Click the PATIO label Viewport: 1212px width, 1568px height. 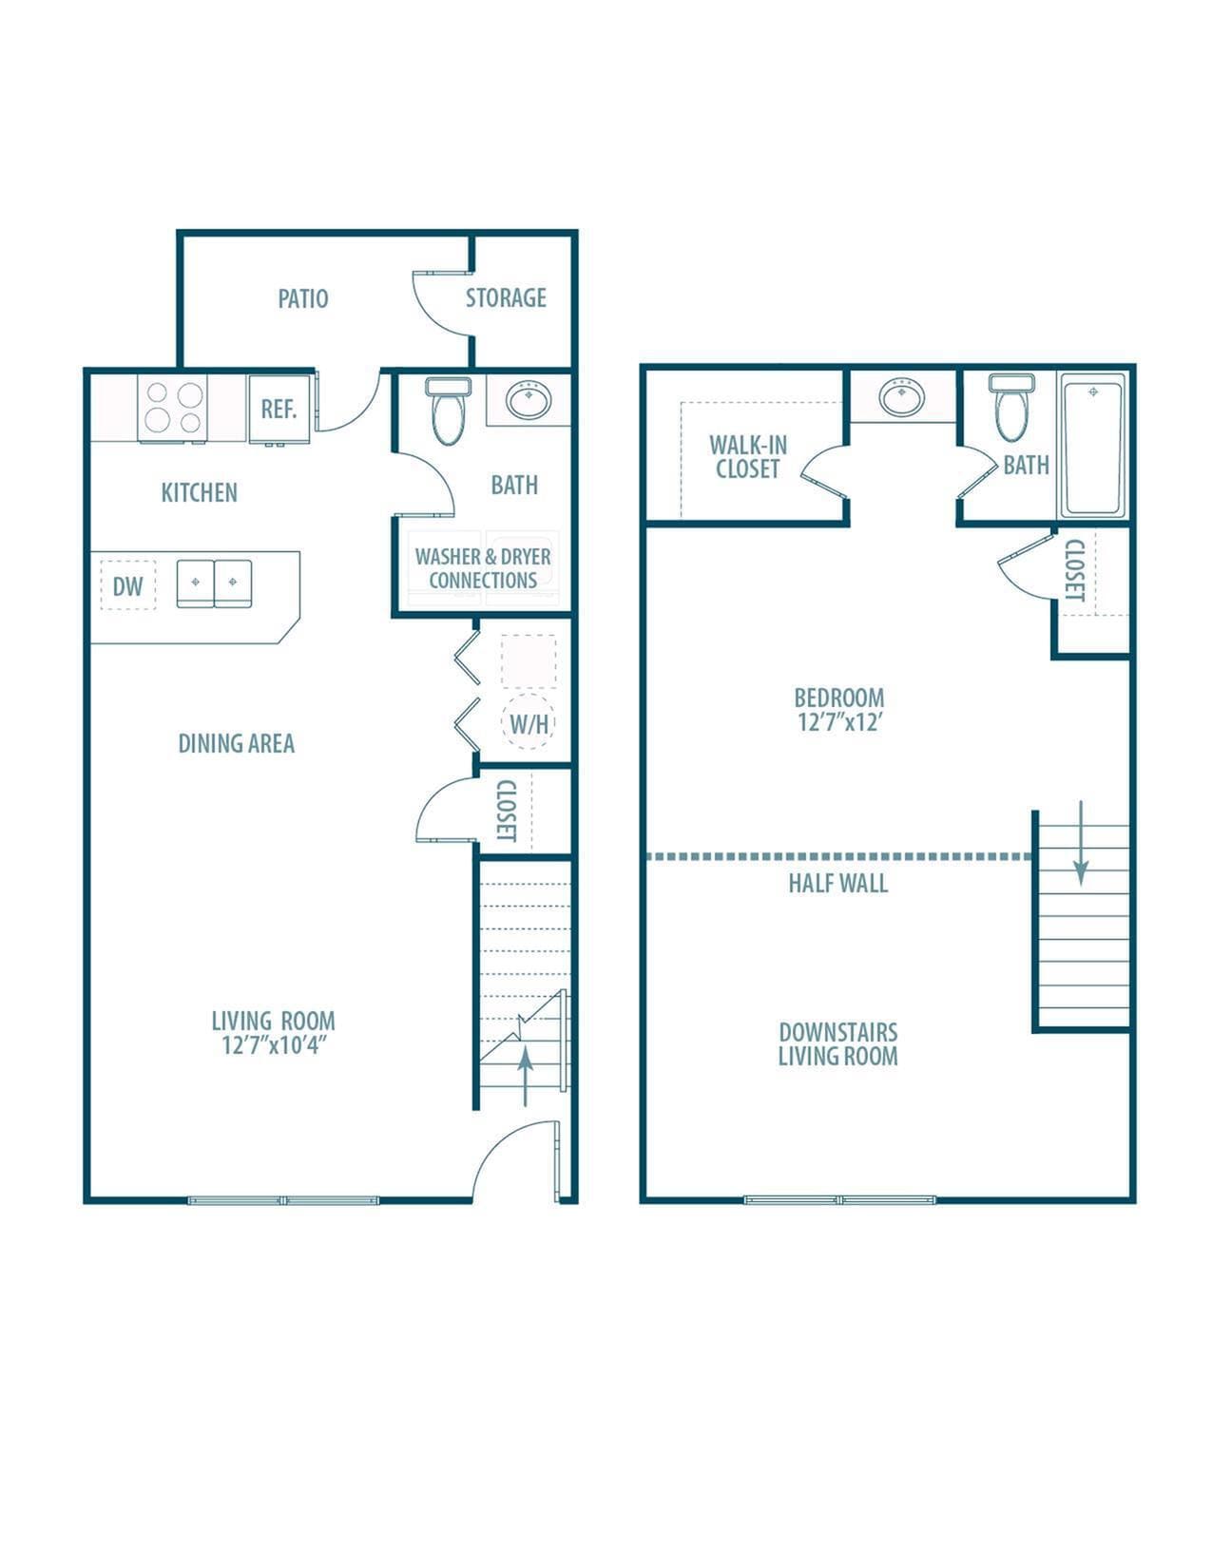click(303, 298)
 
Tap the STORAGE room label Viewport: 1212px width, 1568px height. click(506, 297)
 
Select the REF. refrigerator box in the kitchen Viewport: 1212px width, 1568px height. click(279, 409)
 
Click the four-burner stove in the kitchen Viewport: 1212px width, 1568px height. click(173, 409)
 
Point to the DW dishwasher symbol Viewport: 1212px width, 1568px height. click(127, 585)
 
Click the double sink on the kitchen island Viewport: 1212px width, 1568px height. click(214, 583)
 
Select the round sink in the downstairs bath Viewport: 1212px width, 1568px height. click(528, 400)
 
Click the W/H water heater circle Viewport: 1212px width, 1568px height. click(529, 723)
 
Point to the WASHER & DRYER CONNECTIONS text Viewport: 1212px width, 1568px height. click(483, 568)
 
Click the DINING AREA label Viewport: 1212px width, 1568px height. click(236, 743)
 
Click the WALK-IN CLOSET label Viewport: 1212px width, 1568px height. click(748, 457)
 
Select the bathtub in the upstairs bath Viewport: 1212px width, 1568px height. click(1093, 445)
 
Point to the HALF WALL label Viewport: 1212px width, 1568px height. click(837, 883)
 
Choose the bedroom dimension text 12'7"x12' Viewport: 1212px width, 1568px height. click(839, 722)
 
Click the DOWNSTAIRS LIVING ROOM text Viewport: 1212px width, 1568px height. click(837, 1043)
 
